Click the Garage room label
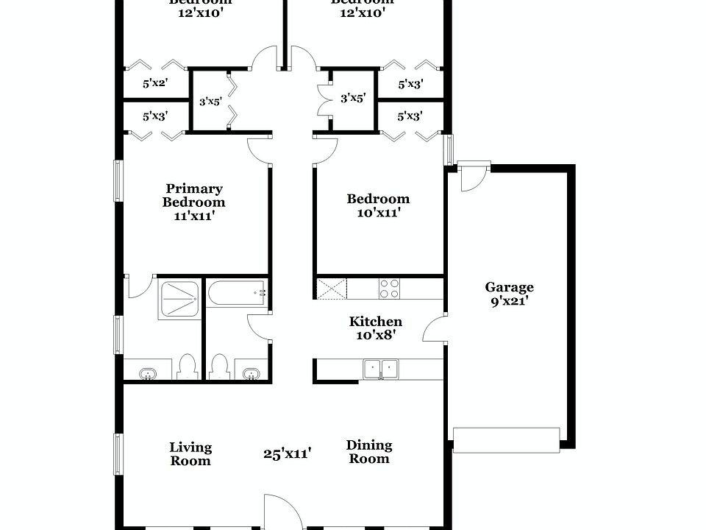(509, 287)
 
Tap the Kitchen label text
(375, 322)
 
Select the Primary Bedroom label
(194, 195)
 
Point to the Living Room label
(190, 454)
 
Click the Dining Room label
(369, 452)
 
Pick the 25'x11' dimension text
(288, 454)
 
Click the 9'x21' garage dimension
(509, 300)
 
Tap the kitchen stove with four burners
(389, 288)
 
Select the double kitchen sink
(380, 368)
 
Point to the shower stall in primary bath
(179, 300)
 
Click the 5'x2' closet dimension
(155, 84)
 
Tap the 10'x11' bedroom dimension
(378, 213)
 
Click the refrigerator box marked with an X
(331, 288)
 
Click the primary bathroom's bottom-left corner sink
(149, 374)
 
